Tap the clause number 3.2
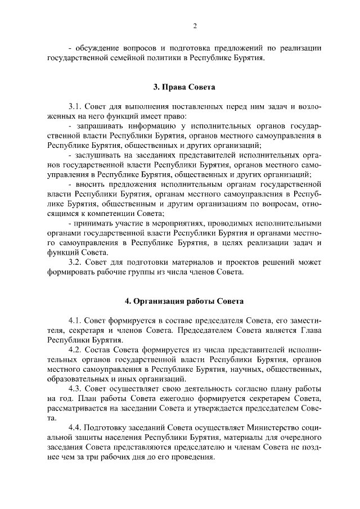tap(75, 262)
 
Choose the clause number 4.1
tap(75, 320)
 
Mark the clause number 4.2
tap(75, 349)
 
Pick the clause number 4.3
tap(75, 389)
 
